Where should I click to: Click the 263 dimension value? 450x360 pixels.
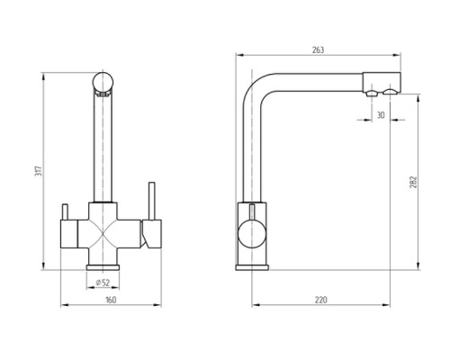click(x=318, y=50)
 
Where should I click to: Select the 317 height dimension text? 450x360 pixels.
click(x=39, y=171)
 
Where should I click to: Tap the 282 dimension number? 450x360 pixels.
click(x=413, y=182)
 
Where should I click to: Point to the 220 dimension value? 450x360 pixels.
click(x=320, y=300)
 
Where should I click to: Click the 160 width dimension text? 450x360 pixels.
click(x=111, y=300)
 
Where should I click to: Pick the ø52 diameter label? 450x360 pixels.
click(x=103, y=283)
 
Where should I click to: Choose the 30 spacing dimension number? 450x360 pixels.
click(x=381, y=115)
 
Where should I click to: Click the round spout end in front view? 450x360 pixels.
click(x=103, y=82)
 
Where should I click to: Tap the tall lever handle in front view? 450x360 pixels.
click(x=152, y=201)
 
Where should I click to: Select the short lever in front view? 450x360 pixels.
click(x=66, y=212)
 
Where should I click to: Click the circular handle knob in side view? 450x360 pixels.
click(x=252, y=234)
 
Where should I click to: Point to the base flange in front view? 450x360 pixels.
click(x=103, y=267)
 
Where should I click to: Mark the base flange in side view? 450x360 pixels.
click(x=252, y=267)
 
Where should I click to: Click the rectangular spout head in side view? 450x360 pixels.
click(x=382, y=82)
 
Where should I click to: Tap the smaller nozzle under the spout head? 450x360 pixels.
click(x=372, y=93)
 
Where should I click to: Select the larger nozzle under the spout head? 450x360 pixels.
click(x=391, y=92)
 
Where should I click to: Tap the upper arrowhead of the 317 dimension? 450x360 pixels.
click(x=44, y=76)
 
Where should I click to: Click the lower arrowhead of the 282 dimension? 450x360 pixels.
click(x=418, y=265)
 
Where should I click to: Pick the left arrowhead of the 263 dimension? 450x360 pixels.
click(x=239, y=55)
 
